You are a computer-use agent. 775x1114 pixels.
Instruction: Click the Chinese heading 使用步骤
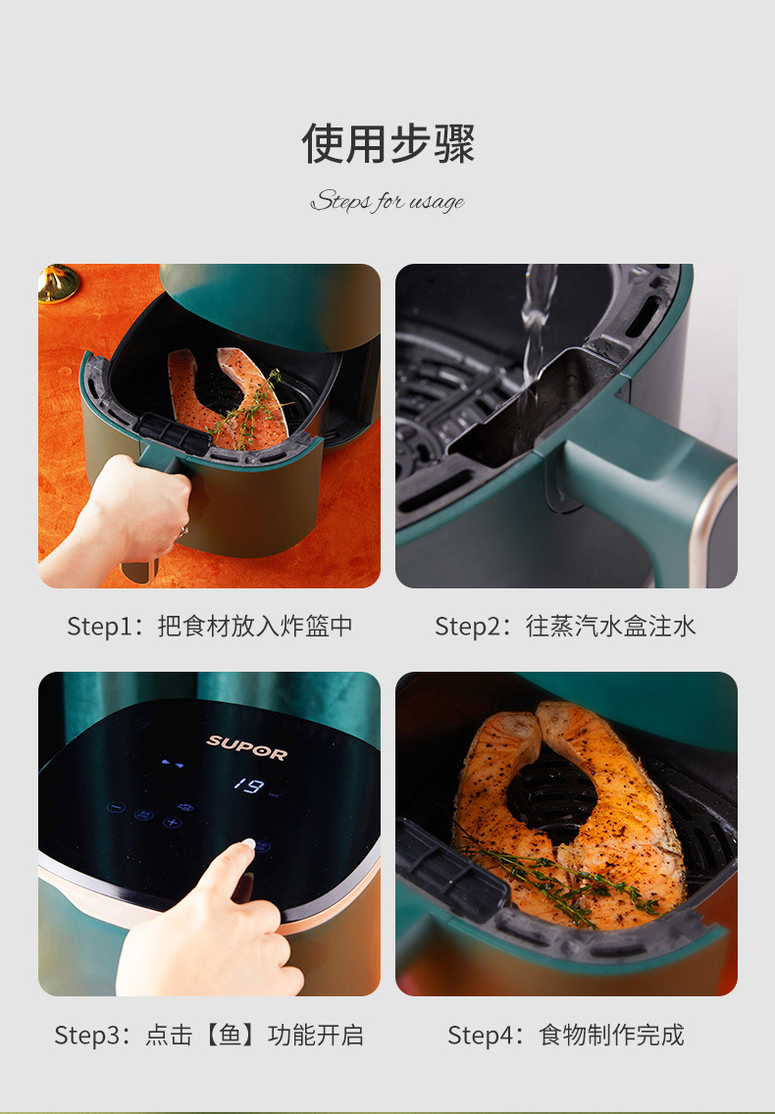387,144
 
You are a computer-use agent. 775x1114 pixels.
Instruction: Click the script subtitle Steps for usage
387,202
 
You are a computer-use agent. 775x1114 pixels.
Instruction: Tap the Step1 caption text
209,626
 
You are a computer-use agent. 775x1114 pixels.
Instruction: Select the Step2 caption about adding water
565,626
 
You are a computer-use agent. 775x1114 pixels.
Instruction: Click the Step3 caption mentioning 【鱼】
209,1035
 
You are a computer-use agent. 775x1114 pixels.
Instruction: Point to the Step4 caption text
565,1035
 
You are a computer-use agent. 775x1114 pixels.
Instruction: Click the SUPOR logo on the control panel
246,747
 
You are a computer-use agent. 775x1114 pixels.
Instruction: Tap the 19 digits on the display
248,785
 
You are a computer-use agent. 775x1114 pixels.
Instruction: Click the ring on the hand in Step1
181,531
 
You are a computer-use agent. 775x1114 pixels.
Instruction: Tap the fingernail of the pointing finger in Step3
248,843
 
